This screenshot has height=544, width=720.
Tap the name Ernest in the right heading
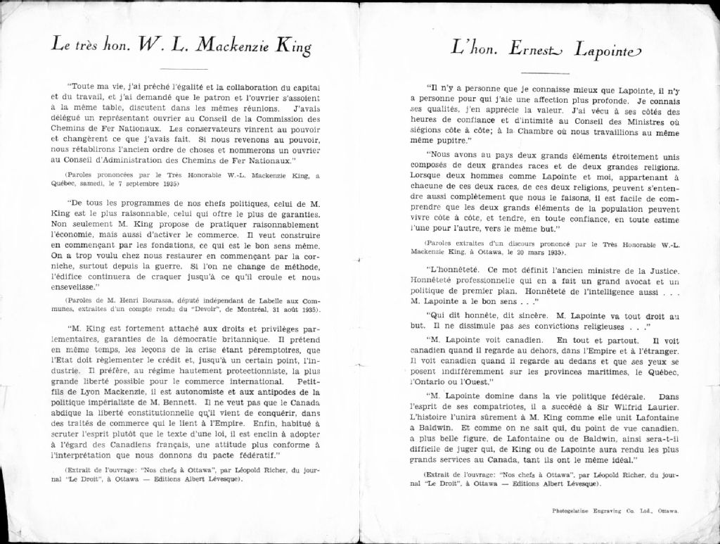(530, 49)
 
